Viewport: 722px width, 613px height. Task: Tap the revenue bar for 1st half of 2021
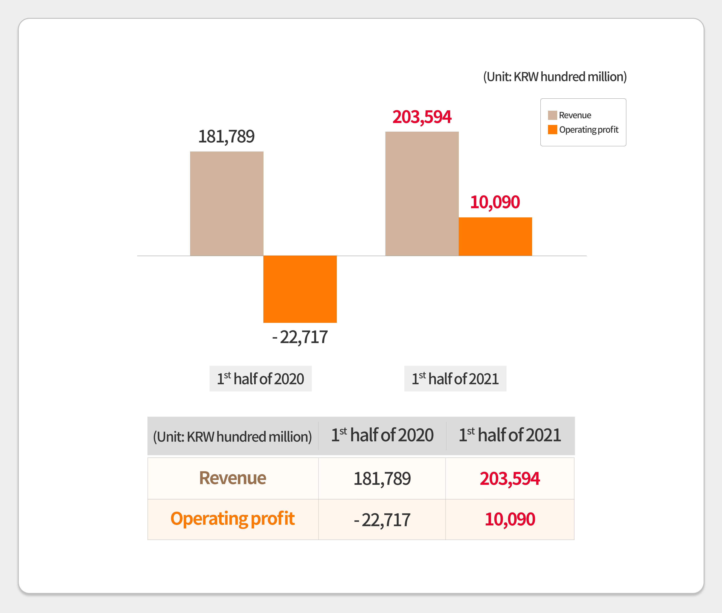(x=422, y=194)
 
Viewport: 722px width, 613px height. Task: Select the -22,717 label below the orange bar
(x=300, y=337)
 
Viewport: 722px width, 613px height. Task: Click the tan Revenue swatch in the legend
(x=552, y=115)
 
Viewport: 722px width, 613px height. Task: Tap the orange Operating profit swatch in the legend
(x=552, y=130)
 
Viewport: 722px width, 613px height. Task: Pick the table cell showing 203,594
(x=510, y=478)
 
